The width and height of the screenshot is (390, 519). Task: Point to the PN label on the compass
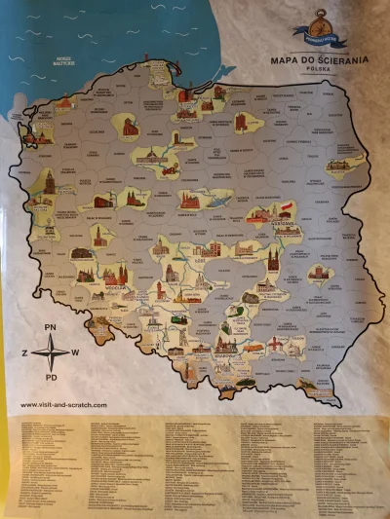click(x=53, y=327)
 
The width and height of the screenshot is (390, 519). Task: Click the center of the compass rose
click(x=51, y=351)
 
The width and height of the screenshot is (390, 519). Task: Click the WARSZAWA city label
click(x=261, y=221)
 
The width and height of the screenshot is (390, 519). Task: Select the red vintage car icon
click(x=169, y=169)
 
